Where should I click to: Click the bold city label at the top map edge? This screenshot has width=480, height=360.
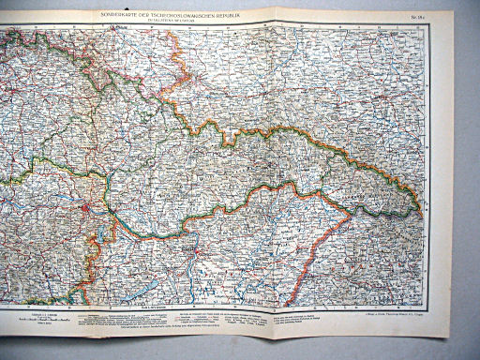click(x=116, y=28)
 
